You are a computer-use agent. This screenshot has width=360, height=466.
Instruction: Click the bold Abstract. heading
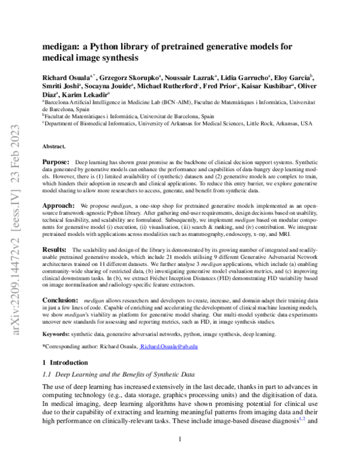(x=54, y=147)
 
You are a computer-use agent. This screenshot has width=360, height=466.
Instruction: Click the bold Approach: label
(x=58, y=205)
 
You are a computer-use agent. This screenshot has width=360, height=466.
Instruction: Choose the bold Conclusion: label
(x=61, y=298)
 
